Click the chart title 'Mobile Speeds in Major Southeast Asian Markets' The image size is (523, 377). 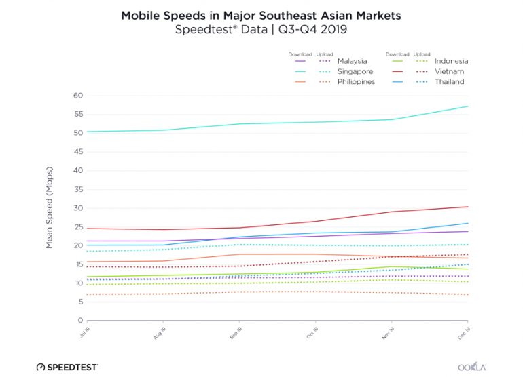[x=261, y=14]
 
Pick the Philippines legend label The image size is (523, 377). [x=357, y=82]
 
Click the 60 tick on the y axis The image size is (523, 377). [x=77, y=96]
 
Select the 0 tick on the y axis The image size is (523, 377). [x=79, y=321]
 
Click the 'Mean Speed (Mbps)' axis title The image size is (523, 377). [x=50, y=208]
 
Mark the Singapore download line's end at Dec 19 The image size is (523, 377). [x=468, y=106]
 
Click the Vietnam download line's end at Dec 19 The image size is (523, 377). [x=468, y=207]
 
